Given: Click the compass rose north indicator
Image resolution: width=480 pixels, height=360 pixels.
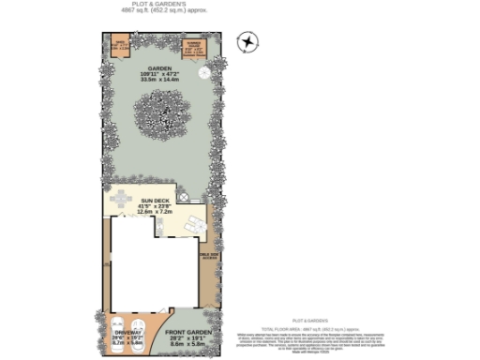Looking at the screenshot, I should [247, 40].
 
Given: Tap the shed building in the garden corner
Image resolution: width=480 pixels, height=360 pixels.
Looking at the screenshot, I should [119, 46].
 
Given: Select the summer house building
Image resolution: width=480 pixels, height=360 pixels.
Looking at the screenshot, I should [194, 48].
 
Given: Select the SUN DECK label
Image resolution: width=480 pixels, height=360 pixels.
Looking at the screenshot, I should [155, 201].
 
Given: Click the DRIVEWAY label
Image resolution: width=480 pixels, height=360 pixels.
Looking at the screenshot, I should [127, 332].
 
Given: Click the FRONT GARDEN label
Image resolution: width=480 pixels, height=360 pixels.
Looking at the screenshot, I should [187, 332].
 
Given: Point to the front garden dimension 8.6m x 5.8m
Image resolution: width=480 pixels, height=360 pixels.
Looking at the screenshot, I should [187, 344].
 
